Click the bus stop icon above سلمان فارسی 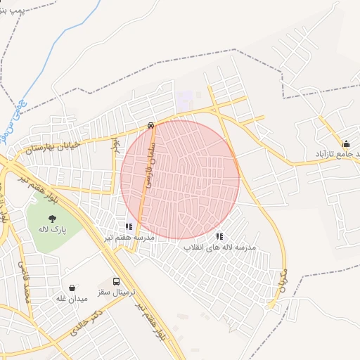coord(151,126)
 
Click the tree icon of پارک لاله coord(53,218)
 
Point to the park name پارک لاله coord(53,229)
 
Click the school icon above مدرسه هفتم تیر coord(129,226)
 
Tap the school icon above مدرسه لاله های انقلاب coord(219,237)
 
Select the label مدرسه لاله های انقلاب coord(220,247)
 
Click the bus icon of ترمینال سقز coord(117,281)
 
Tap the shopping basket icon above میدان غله coord(72,288)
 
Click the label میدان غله coord(72,299)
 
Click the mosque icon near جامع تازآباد coord(345,143)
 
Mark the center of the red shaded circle coord(180,179)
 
